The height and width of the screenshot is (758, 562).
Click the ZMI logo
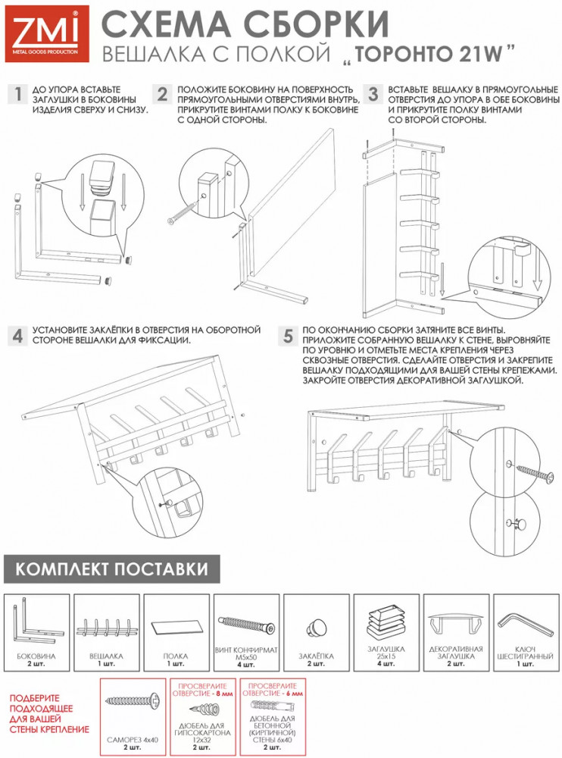point(47,34)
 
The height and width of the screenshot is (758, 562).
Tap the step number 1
point(18,94)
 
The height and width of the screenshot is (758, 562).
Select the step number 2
point(162,94)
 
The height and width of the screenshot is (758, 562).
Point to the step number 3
point(373,94)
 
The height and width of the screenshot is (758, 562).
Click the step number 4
point(18,336)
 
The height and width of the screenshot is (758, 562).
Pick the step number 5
point(288,336)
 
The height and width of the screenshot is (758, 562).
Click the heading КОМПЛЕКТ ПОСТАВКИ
point(111,569)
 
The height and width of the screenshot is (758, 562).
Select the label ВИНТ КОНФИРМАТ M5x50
point(246,653)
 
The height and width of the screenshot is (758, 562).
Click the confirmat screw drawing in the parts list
point(246,625)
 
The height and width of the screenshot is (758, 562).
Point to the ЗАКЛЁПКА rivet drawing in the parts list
point(316,628)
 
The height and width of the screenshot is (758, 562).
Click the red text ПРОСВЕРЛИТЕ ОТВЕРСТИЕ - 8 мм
point(202,690)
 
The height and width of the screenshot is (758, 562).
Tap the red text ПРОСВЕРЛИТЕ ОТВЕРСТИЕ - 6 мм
point(273,690)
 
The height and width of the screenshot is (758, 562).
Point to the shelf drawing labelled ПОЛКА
point(176,627)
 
